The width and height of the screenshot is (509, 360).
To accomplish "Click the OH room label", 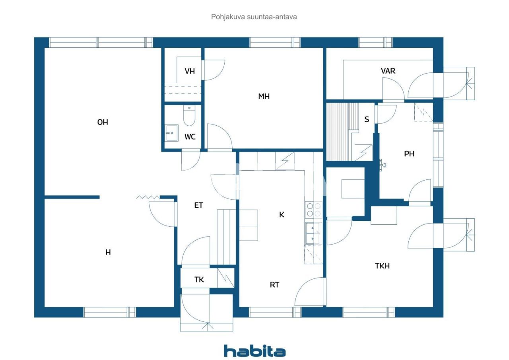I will [x=103, y=123].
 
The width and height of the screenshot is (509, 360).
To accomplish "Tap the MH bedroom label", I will [x=264, y=96].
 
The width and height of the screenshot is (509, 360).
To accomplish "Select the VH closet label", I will [x=190, y=71].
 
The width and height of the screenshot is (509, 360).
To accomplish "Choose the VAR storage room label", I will [x=388, y=71].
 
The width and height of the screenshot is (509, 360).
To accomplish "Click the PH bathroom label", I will [x=409, y=154].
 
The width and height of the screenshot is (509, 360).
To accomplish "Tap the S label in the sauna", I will [x=366, y=119].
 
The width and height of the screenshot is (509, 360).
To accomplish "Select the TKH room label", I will [x=382, y=266].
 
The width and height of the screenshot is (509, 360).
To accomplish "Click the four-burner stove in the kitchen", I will [x=313, y=209].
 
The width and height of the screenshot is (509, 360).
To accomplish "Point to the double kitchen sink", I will [x=313, y=233].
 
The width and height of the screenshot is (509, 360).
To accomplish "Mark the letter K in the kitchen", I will [x=282, y=215].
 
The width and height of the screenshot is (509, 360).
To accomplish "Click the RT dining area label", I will [x=274, y=285].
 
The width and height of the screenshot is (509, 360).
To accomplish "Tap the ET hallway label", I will [x=198, y=206].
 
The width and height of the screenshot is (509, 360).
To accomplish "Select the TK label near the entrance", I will [x=199, y=280].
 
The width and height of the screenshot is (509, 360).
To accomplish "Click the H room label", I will [x=108, y=252].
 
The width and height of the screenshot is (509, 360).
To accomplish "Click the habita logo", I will [x=254, y=351].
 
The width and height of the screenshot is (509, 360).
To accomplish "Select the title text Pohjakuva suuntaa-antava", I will [x=254, y=17].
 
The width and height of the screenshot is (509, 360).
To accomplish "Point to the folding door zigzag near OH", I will [x=148, y=197].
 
